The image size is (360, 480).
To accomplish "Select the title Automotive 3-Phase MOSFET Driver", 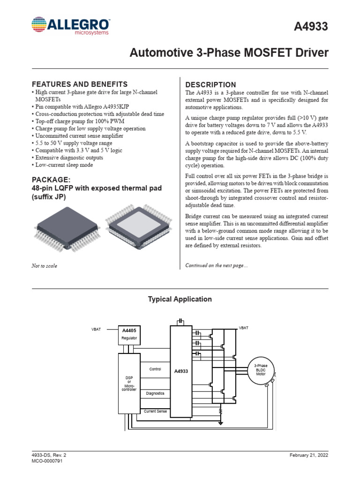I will [229, 53].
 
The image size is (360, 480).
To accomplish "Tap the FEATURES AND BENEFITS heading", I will [79, 84].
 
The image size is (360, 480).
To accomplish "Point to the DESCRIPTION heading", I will [211, 84].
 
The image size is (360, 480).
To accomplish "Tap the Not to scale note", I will [45, 266].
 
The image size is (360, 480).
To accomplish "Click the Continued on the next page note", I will [217, 265].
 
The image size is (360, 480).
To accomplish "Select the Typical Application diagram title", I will [180, 299].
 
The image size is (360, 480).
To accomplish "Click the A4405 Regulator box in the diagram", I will [128, 334].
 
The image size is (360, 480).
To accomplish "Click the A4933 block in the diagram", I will [181, 371].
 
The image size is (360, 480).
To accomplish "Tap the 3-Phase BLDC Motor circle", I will [261, 370].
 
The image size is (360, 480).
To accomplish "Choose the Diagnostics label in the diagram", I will [155, 393].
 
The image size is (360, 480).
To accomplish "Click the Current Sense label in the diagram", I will [156, 411].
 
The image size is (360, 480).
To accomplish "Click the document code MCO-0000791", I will [47, 461].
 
